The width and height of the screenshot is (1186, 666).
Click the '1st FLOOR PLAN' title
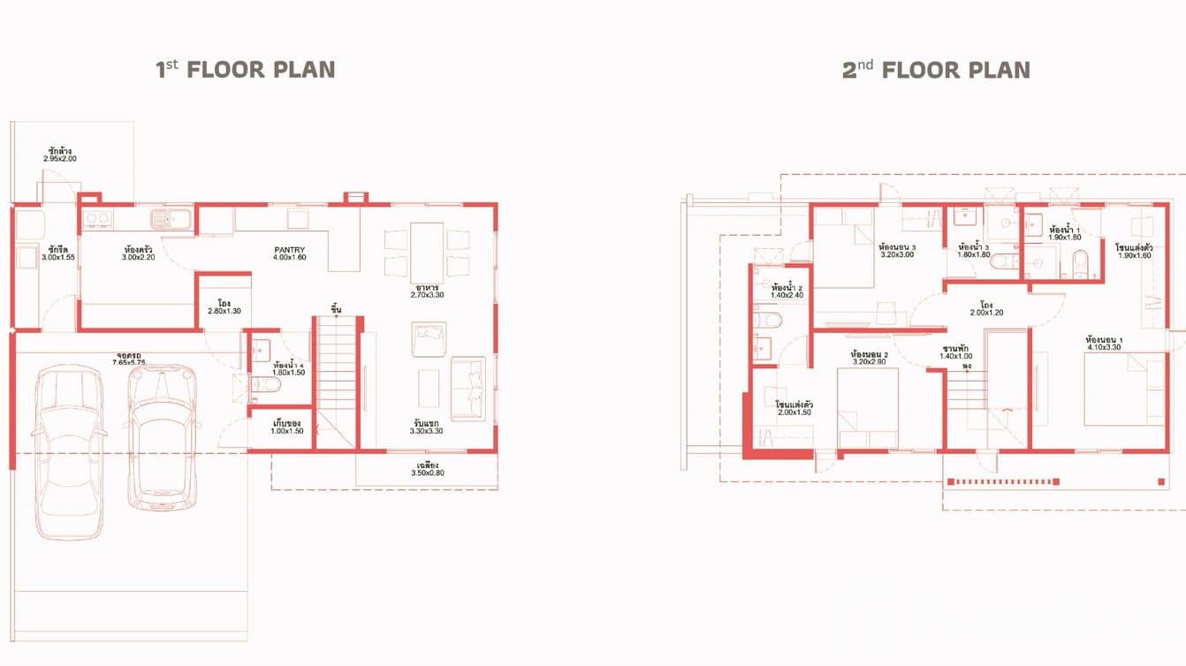click(246, 70)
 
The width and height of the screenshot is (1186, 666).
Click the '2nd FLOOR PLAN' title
click(936, 70)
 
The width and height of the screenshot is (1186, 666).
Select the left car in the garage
click(68, 450)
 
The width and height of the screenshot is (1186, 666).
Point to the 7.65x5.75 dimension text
click(128, 363)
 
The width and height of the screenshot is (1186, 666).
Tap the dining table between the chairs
click(426, 251)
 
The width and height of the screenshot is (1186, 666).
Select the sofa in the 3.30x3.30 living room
click(468, 388)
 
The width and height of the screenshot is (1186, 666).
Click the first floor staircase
click(335, 380)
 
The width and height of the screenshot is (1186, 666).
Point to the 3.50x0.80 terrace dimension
click(428, 473)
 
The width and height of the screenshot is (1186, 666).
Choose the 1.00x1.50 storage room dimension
click(287, 430)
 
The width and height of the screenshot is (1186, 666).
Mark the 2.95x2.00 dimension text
click(60, 159)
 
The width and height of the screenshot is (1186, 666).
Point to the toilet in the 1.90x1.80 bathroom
click(1079, 260)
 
